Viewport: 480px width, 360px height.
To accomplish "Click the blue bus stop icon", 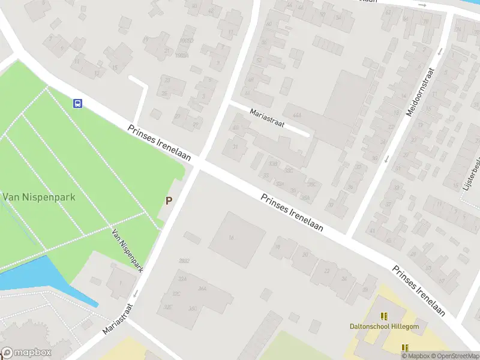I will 77,103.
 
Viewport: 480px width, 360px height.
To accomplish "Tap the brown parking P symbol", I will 169,200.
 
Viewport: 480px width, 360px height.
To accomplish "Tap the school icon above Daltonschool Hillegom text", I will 383,316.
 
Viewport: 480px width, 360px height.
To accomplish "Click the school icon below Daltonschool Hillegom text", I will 405,347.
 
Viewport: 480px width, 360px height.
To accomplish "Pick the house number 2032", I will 184,261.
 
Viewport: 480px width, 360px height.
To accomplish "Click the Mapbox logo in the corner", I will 27,353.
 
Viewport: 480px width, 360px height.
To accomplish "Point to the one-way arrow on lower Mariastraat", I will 136,293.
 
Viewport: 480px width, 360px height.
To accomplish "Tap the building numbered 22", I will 327,271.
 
